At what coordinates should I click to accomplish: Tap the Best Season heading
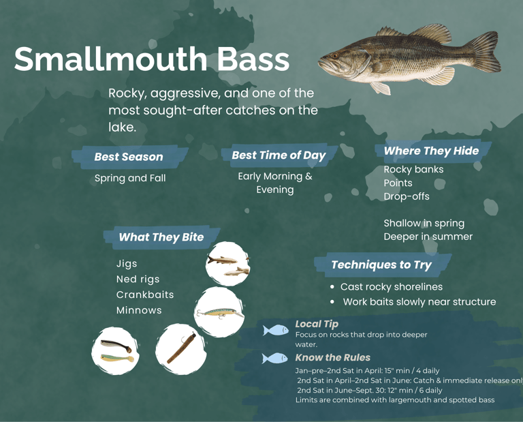coord(128,157)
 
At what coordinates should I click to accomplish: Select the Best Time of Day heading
coord(279,155)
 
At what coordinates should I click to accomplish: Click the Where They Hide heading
coord(431,151)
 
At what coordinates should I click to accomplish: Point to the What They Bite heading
coord(161,237)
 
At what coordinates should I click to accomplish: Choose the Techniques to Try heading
coord(381,265)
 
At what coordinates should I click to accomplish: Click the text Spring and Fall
coord(129,179)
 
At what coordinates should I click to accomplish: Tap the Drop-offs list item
coord(407,196)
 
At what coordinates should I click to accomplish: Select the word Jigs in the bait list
coord(127,263)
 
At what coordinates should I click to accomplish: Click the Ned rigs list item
coord(138,279)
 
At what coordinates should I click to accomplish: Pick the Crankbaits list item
coord(145,295)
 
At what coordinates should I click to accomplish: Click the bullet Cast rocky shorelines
coord(391,287)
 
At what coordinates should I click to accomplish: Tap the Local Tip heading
coord(317,324)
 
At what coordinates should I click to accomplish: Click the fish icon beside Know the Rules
coord(275,358)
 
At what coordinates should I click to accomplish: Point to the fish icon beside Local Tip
coord(276,331)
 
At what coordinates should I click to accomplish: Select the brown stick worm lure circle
coord(180,348)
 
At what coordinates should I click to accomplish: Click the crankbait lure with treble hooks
coord(220,313)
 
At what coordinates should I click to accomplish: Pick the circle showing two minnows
coord(227,265)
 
